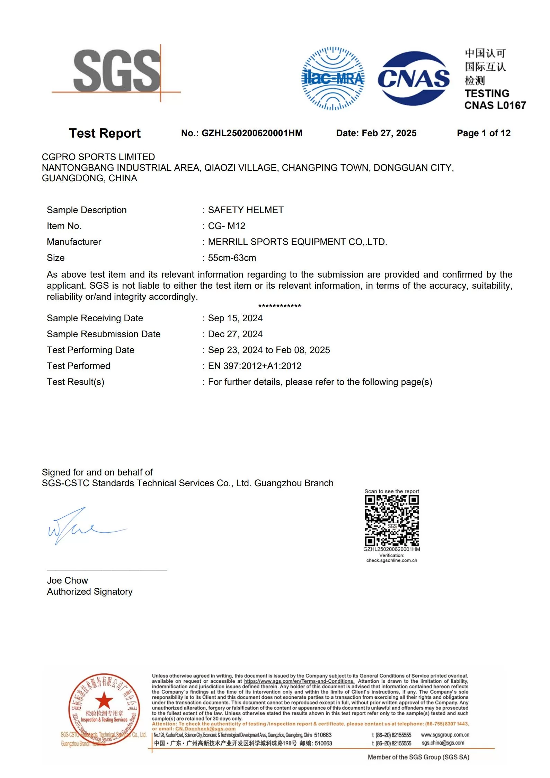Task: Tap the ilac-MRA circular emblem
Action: pyautogui.click(x=333, y=78)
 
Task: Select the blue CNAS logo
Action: pyautogui.click(x=414, y=78)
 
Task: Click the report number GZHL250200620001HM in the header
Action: pyautogui.click(x=252, y=133)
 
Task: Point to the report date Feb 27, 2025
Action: pyautogui.click(x=389, y=133)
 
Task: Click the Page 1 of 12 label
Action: pyautogui.click(x=484, y=133)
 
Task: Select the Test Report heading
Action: pyautogui.click(x=105, y=133)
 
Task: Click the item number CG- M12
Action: pyautogui.click(x=227, y=226)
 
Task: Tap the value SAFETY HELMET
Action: pyautogui.click(x=246, y=210)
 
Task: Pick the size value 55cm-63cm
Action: pyautogui.click(x=232, y=258)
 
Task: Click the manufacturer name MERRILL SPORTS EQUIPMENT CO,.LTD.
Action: pyautogui.click(x=298, y=242)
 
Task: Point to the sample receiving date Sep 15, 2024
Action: pyautogui.click(x=235, y=318)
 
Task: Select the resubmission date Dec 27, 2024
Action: pyautogui.click(x=235, y=334)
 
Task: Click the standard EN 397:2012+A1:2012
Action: pyautogui.click(x=255, y=366)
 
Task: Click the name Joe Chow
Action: pyautogui.click(x=68, y=580)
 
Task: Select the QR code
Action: pyautogui.click(x=392, y=521)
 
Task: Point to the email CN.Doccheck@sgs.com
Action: pyautogui.click(x=205, y=729)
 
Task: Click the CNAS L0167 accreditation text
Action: pyautogui.click(x=495, y=105)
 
